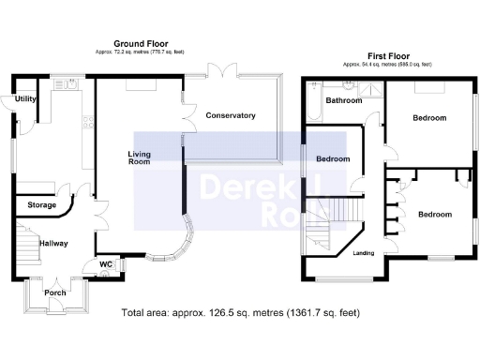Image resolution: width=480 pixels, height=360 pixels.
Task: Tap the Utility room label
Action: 25,97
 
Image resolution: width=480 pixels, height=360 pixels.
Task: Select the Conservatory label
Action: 230,115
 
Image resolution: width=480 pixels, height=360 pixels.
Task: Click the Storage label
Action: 41,204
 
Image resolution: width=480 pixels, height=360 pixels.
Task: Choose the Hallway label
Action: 52,243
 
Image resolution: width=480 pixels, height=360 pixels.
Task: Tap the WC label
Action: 107,265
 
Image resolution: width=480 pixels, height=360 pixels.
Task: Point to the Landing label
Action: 363,253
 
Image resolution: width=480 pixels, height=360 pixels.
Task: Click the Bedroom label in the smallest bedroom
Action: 333,159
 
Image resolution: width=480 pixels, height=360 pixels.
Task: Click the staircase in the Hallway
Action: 23,246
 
